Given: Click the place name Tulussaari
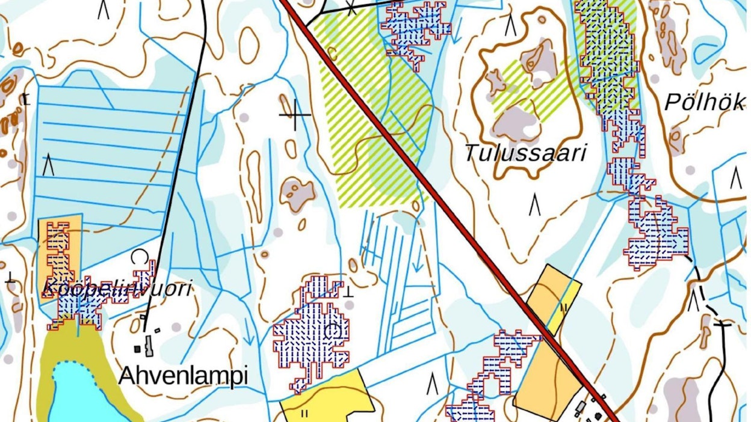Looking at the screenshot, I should click(525, 153).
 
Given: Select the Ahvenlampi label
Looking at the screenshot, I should click(183, 376).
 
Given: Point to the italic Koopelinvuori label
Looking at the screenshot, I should click(117, 289).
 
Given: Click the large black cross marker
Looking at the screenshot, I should click(295, 114).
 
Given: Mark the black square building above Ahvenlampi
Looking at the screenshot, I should click(137, 348).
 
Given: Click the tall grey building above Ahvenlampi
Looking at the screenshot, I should click(149, 346).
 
